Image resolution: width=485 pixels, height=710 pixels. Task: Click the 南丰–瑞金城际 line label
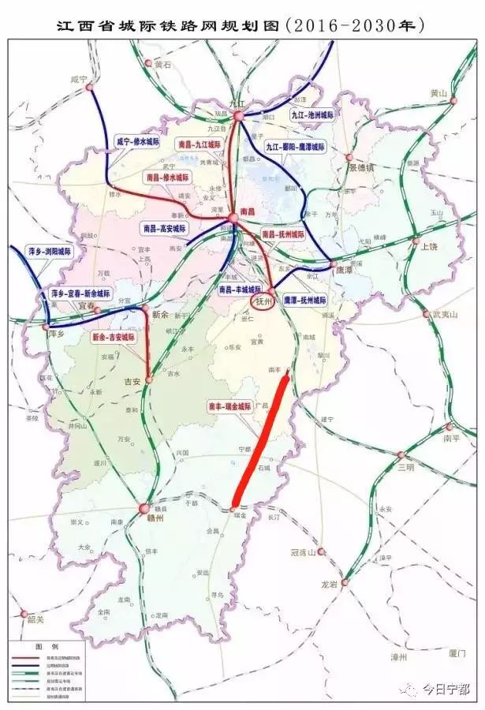pos(229,407)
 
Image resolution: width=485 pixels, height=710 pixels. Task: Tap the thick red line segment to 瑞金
pos(260,442)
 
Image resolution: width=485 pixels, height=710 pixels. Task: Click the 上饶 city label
pos(430,245)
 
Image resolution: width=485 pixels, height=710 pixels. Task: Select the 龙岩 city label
pos(329,585)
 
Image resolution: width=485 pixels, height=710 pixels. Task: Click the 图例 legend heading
pos(43,645)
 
